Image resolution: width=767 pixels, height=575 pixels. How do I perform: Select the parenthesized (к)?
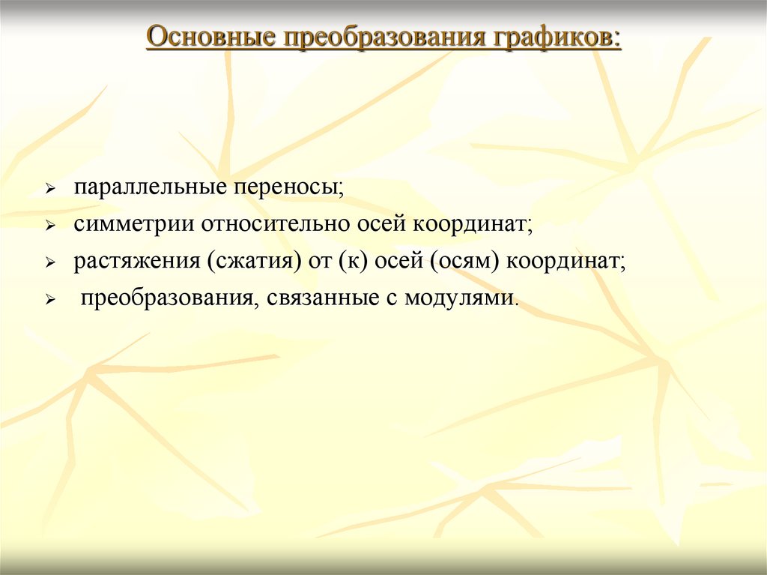point(350,262)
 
